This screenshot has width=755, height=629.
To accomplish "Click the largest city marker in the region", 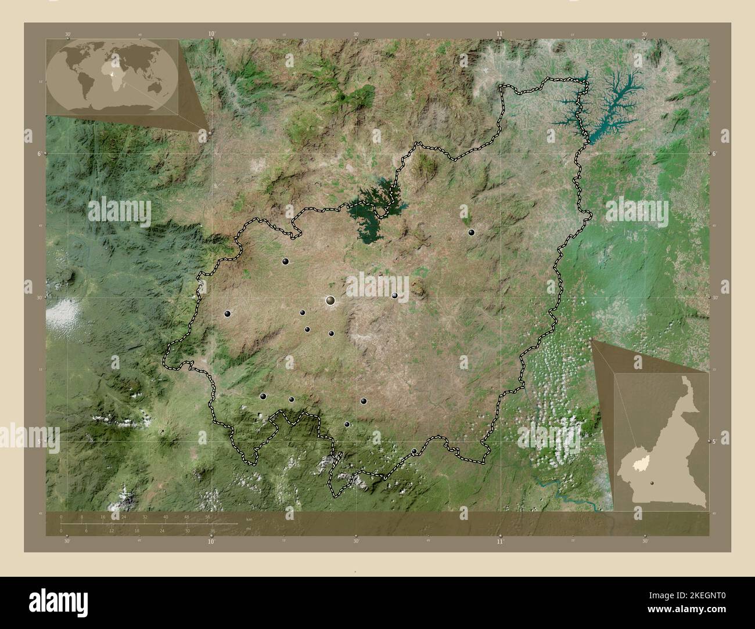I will (330, 300).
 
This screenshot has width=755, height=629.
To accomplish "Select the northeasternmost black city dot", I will (472, 232).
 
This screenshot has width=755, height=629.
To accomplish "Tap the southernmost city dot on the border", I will (414, 451).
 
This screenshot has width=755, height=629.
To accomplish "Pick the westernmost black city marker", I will (228, 313).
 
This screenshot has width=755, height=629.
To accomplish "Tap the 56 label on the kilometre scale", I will (208, 516).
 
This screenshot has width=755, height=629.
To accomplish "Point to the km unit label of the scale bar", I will (249, 519).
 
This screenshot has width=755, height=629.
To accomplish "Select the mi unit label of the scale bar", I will (248, 529).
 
